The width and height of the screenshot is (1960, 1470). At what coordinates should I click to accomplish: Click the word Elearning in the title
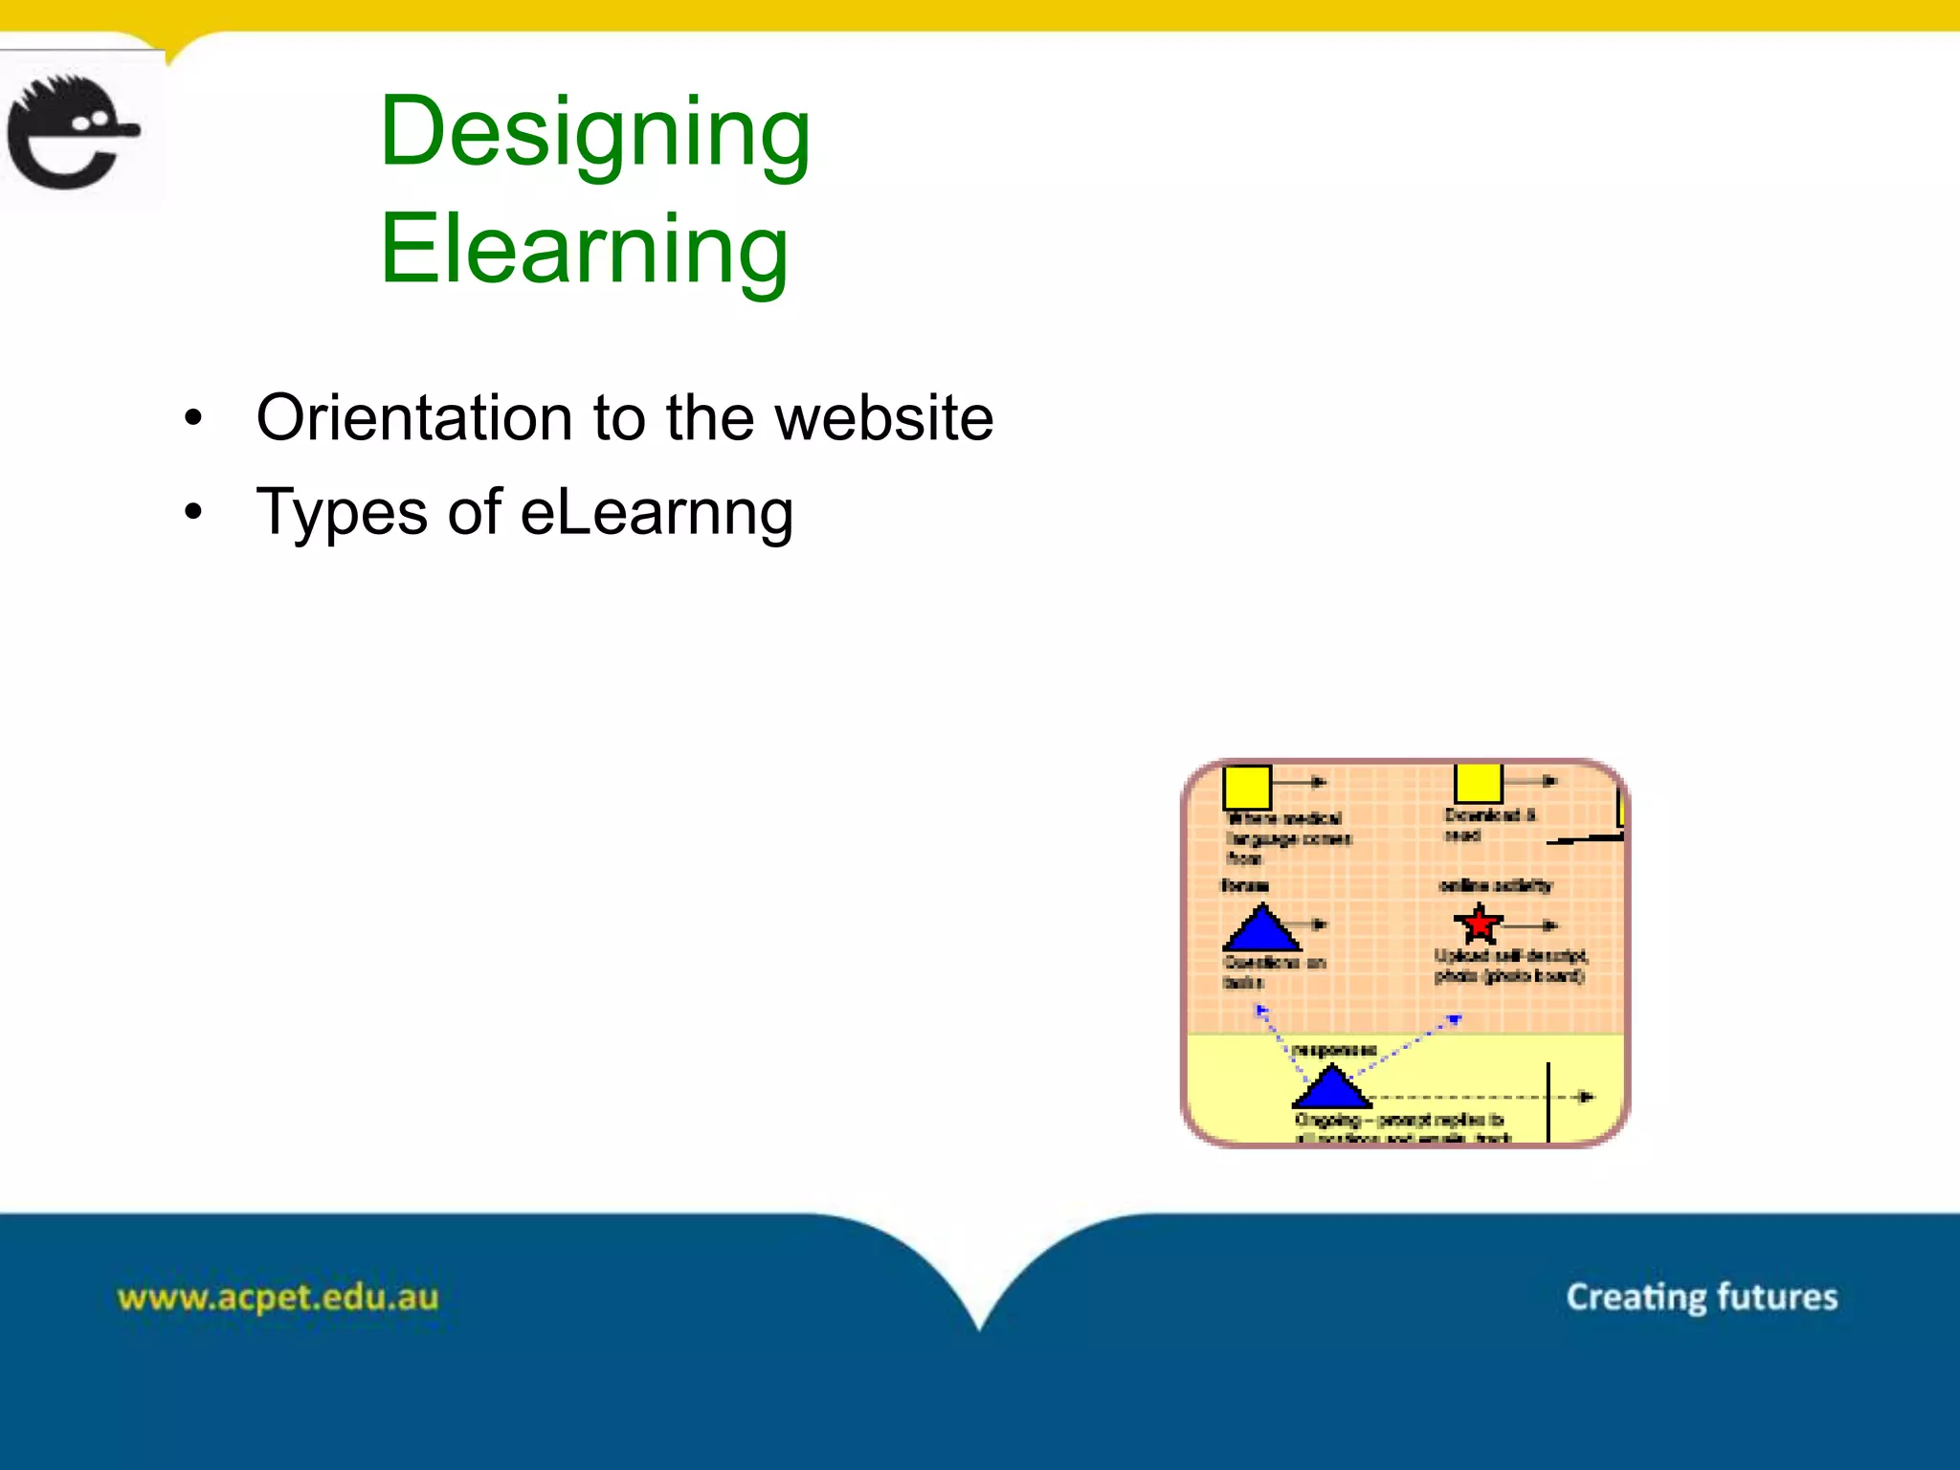tap(584, 250)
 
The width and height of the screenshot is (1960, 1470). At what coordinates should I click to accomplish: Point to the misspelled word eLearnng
tap(657, 512)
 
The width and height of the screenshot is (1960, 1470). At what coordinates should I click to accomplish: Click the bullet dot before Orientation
tap(194, 418)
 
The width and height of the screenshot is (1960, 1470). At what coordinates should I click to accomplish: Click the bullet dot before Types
tap(194, 512)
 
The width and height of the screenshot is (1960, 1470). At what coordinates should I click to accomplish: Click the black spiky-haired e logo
tap(72, 132)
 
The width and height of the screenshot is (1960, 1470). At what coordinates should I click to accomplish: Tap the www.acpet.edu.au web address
tap(278, 1298)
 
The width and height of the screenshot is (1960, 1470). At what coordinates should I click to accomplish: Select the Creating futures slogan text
tap(1701, 1297)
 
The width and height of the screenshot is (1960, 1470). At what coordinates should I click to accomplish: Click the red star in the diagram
tap(1479, 924)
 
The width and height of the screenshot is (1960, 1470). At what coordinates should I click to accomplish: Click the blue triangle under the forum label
tap(1261, 927)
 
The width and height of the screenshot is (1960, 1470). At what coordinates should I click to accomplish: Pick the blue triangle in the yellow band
tap(1330, 1087)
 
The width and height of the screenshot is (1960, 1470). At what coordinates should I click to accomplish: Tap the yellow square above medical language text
tap(1247, 787)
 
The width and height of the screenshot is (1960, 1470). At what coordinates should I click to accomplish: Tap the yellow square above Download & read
tap(1478, 783)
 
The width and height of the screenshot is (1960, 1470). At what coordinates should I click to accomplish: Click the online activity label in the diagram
tap(1495, 886)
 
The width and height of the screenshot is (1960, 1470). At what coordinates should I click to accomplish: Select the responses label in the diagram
tap(1334, 1050)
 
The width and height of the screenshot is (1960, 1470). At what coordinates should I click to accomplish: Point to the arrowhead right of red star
tap(1549, 925)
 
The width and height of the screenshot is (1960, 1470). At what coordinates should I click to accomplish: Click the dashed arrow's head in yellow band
tap(1585, 1097)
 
